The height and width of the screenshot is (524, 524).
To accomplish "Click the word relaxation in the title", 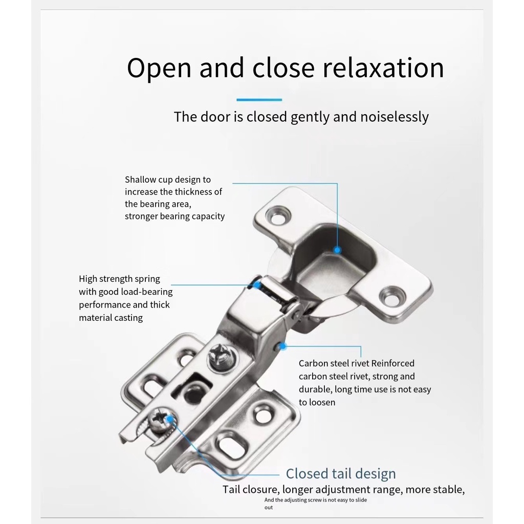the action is [x=383, y=68].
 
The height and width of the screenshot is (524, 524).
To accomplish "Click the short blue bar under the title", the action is [x=259, y=100].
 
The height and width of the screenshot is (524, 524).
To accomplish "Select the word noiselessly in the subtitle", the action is [x=395, y=117].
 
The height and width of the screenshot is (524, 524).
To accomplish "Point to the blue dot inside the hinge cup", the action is [x=338, y=250].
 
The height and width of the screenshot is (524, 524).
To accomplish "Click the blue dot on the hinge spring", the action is [x=257, y=285].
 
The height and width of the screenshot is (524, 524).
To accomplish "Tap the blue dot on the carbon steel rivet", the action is [x=282, y=346].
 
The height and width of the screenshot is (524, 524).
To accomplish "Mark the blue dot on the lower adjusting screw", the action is [x=170, y=419].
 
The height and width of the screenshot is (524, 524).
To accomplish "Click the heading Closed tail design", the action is [x=341, y=474].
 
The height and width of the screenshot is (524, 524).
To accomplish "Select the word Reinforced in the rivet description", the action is [x=392, y=363].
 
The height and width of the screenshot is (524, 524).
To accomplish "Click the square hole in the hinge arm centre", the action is [x=192, y=388].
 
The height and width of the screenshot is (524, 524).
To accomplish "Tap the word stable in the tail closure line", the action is [x=448, y=490].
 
